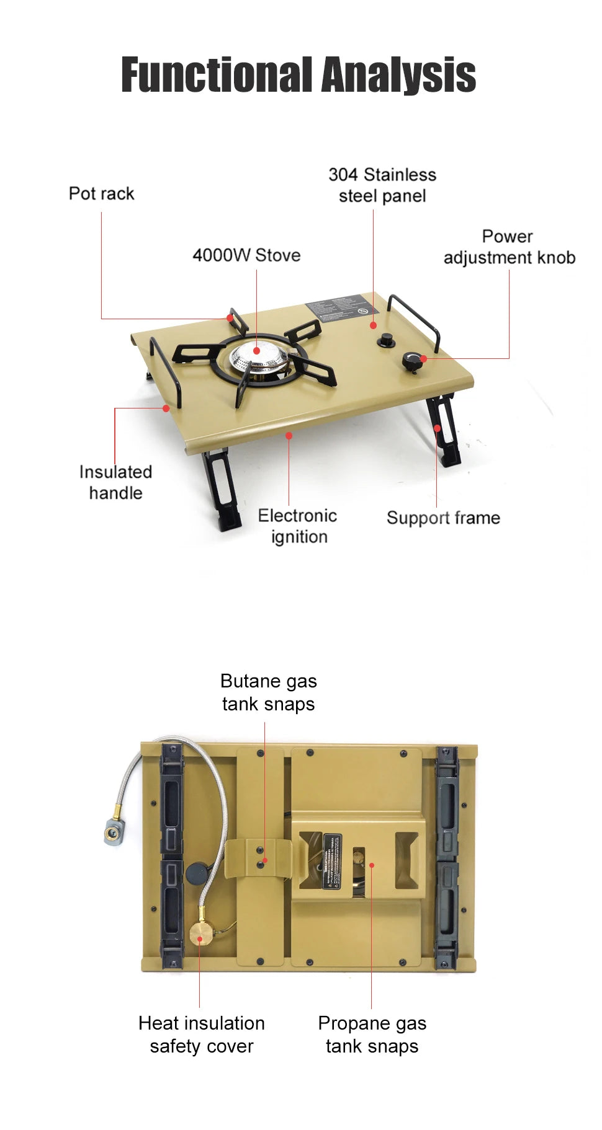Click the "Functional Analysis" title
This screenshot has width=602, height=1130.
point(299,75)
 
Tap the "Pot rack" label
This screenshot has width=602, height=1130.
point(101,194)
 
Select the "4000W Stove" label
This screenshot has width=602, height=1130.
point(246,255)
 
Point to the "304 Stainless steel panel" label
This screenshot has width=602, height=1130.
point(382,185)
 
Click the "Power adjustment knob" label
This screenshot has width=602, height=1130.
point(509,247)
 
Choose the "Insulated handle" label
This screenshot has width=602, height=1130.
point(115,482)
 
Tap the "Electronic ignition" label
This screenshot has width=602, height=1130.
point(298,526)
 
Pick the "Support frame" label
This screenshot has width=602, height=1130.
point(443,518)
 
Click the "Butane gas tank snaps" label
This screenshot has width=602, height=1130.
point(269,692)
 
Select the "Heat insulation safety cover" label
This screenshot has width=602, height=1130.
point(202,1035)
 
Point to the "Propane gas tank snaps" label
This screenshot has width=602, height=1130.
point(372,1035)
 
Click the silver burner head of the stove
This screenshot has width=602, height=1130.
point(259,358)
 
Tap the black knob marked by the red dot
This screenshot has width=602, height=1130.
point(412,361)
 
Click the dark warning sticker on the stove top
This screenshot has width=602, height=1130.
point(341,307)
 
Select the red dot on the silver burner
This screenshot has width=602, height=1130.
point(256,351)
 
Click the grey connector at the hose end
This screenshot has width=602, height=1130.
point(114,831)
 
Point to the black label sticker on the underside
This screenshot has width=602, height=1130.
point(332,861)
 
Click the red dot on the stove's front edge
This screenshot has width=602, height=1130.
point(289,436)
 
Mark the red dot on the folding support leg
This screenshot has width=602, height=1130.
point(438,428)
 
